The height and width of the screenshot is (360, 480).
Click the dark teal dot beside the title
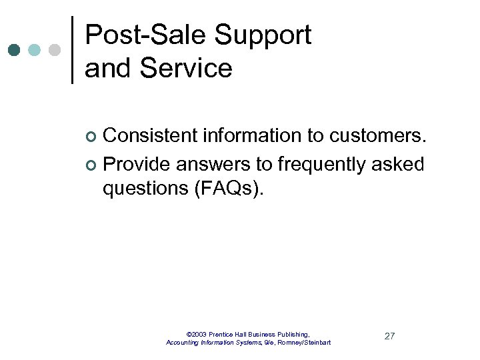tap(15, 50)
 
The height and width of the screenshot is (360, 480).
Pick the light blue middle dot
tap(35, 50)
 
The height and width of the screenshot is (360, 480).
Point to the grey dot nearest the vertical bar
tap(55, 50)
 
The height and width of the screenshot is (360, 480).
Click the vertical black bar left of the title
tap(72, 50)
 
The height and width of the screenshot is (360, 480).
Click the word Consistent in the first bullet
tap(151, 136)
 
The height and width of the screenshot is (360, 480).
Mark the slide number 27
tap(389, 336)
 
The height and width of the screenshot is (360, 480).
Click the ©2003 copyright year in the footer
tap(197, 334)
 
